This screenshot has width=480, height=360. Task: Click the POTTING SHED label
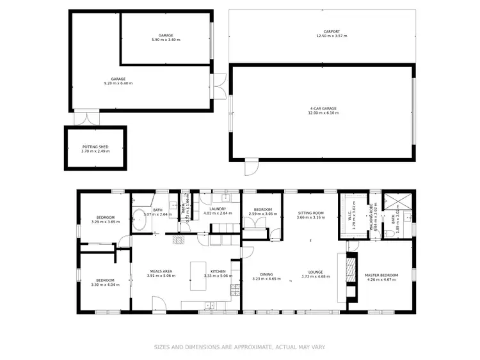[x=95, y=146]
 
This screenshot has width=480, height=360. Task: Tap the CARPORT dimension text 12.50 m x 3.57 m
[x=331, y=36]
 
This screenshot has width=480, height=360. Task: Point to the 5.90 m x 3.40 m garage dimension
[x=166, y=40]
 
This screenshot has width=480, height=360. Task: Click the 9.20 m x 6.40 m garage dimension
[x=118, y=83]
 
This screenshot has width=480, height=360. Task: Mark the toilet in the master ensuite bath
[x=389, y=234]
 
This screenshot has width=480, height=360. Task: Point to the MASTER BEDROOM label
[x=381, y=276]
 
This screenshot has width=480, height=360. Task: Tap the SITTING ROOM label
[x=310, y=213]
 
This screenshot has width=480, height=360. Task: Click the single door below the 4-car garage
[x=251, y=167]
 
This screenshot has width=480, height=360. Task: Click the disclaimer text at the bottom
[x=240, y=347]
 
